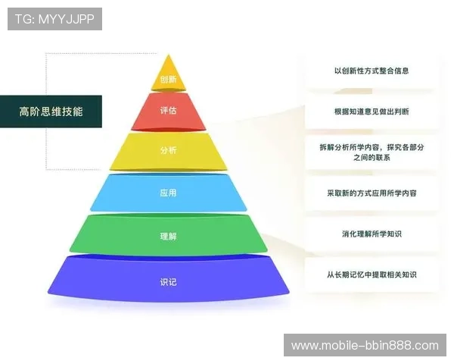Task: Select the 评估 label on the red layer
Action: pyautogui.click(x=168, y=111)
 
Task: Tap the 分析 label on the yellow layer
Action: pyautogui.click(x=168, y=150)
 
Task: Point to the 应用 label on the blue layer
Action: pyautogui.click(x=168, y=193)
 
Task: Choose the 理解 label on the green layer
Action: pyautogui.click(x=168, y=236)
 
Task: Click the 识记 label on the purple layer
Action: pyautogui.click(x=168, y=282)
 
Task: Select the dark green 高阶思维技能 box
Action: pyautogui.click(x=51, y=111)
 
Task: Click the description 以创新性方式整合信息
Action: pyautogui.click(x=372, y=71)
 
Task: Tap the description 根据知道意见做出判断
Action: pyautogui.click(x=372, y=111)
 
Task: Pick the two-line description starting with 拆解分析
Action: pyautogui.click(x=372, y=151)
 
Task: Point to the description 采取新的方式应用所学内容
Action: pyautogui.click(x=372, y=193)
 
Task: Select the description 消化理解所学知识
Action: pyautogui.click(x=372, y=234)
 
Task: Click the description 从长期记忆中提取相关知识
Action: pyautogui.click(x=372, y=275)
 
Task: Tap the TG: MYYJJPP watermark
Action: pyautogui.click(x=54, y=19)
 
